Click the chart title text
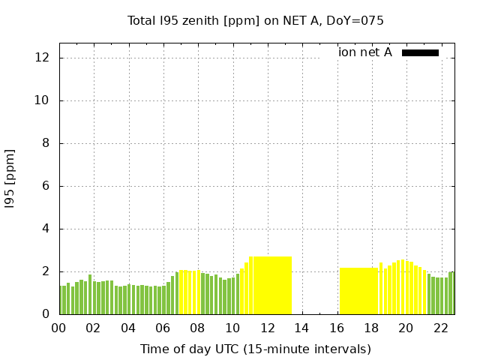pos(256,21)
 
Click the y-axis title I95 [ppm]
pos(10,178)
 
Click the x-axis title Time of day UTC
pos(256,349)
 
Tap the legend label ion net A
pos(365,52)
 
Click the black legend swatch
pos(420,52)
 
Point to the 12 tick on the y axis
pos(44,58)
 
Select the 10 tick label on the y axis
pos(44,100)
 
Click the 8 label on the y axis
pos(47,143)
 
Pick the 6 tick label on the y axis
pos(47,186)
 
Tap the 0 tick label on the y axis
pos(47,314)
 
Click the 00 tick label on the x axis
pos(58,328)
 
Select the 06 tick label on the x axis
pos(163,328)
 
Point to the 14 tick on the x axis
pos(301,328)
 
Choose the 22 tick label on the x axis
pos(440,328)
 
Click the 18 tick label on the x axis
pos(370,328)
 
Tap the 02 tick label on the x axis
pos(94,328)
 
